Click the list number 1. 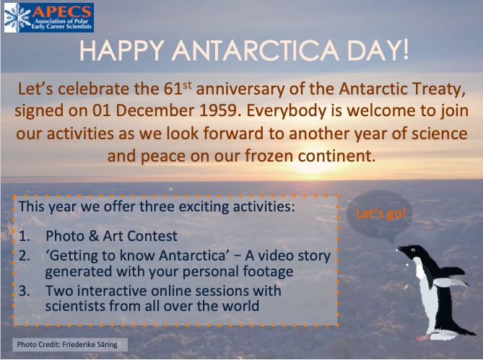tap(25, 237)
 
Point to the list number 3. tap(25, 291)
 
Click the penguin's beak tap(402, 250)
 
